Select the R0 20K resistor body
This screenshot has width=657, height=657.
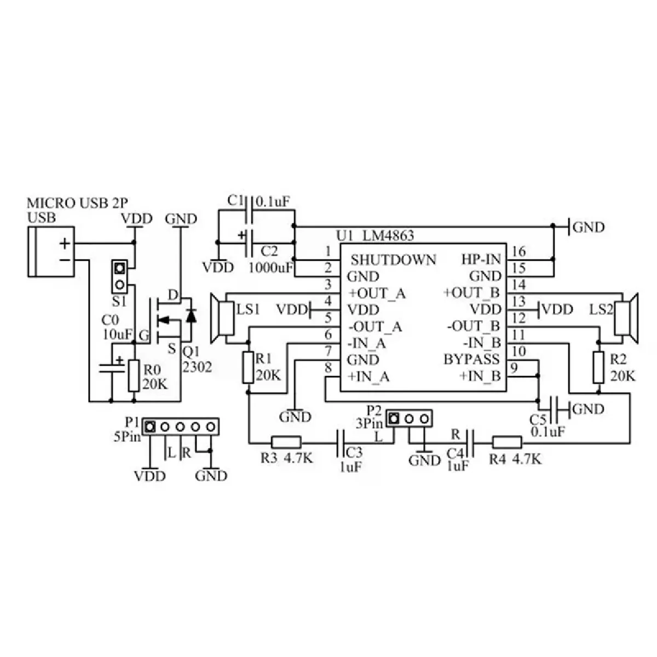click(134, 376)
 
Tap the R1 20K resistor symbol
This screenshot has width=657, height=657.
click(249, 367)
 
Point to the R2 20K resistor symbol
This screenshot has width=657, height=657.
click(598, 367)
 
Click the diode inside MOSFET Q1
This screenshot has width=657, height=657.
click(191, 316)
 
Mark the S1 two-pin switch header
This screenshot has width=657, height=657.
click(119, 276)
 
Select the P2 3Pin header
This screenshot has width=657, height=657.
click(408, 419)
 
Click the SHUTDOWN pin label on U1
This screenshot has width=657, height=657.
click(394, 260)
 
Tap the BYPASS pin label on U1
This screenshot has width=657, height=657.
click(471, 360)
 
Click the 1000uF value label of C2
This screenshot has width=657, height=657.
click(269, 268)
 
